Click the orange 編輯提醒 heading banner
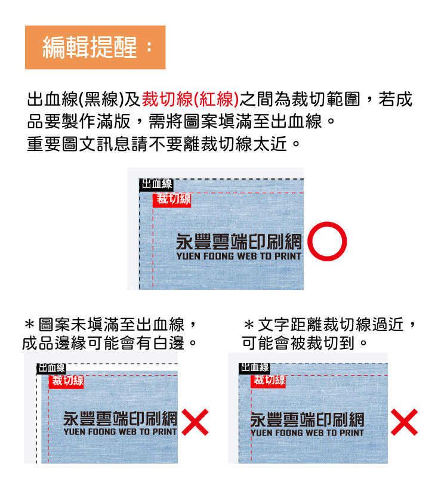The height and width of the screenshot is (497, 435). pos(95,47)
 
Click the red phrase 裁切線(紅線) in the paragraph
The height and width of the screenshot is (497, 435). pos(190,99)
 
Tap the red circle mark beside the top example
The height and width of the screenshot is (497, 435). pos(327,241)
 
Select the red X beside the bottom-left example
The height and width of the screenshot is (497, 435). pos(195,422)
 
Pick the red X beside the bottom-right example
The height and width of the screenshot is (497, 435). pos(404,422)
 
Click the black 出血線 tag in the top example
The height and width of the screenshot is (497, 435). pos(156,184)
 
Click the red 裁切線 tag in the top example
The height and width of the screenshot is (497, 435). pos(172,200)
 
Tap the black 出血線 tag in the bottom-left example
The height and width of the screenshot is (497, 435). pos(51,368)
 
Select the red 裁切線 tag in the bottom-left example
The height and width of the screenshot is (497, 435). pos(66,381)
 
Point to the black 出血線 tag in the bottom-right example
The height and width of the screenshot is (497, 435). pos(254,368)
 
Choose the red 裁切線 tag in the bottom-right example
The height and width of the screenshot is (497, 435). pos(269,381)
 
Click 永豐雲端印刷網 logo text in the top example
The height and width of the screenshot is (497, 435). pos(239,242)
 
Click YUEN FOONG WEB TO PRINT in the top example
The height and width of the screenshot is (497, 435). pos(239,256)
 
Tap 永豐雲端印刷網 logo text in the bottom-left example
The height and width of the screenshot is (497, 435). pos(120,418)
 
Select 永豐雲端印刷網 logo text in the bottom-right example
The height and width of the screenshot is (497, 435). pos(307,419)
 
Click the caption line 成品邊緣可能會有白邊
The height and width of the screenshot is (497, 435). pos(110,343)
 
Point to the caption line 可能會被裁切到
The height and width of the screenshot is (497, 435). pos(304,343)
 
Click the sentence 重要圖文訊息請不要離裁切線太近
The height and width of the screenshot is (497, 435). pos(163,144)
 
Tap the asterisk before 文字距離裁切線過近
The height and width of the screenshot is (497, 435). pos(249,325)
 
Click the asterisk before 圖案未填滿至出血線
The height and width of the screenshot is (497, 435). pos(29,325)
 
